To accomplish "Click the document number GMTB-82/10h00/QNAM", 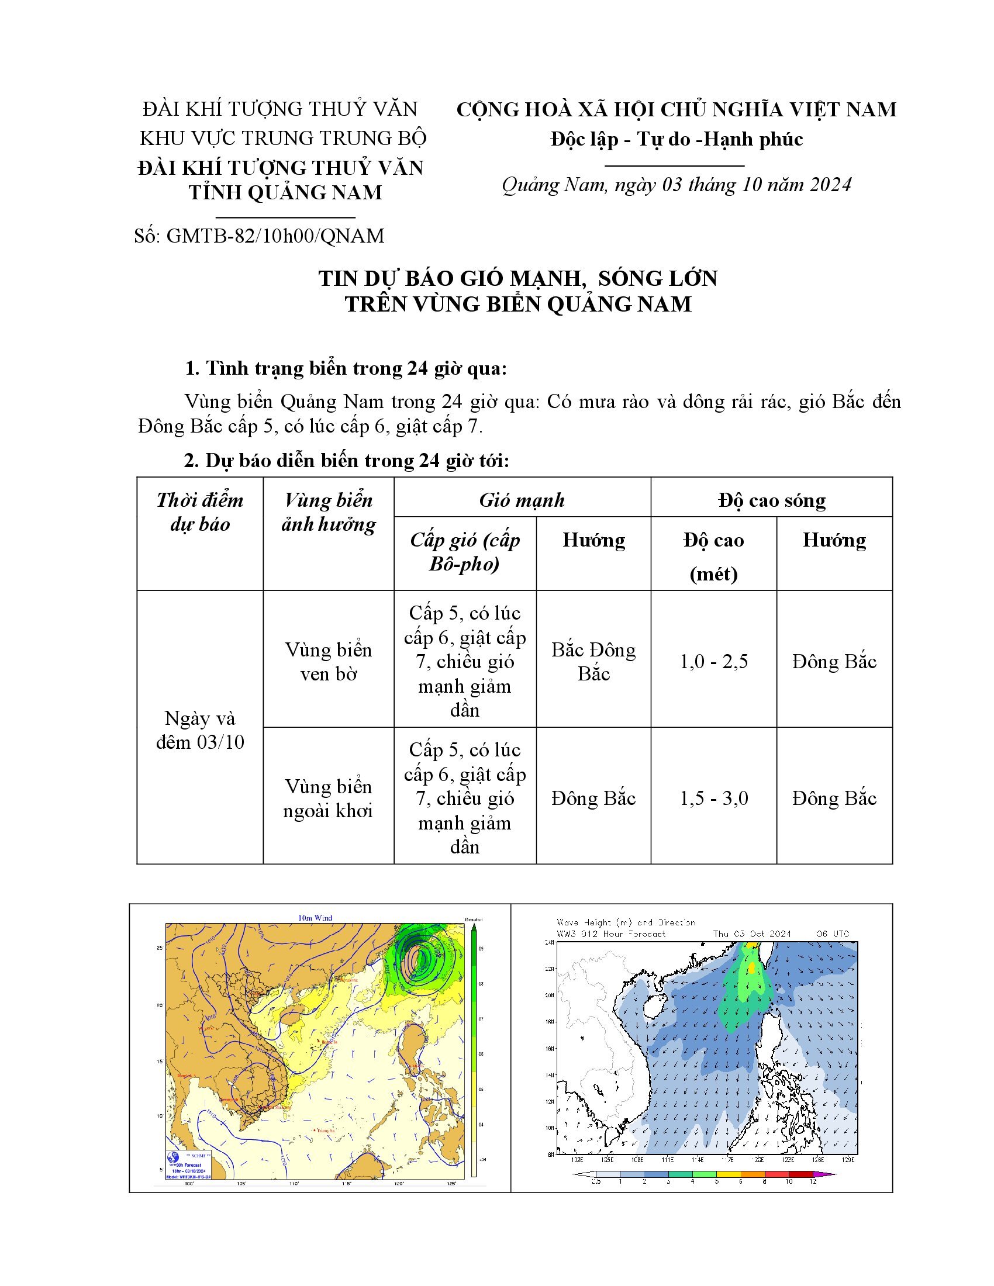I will click(x=275, y=236).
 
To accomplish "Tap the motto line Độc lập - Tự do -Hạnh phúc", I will click(x=677, y=139).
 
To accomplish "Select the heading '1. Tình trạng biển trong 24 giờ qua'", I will click(x=346, y=369).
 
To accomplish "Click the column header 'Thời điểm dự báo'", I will click(x=199, y=511).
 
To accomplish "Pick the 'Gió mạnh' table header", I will click(x=522, y=500).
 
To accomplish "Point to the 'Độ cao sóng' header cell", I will click(x=771, y=500).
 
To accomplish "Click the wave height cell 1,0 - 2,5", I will click(x=714, y=661).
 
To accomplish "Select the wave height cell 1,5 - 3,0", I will click(x=714, y=798).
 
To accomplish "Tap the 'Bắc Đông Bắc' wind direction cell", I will click(x=593, y=661).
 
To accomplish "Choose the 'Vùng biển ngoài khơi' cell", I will click(x=328, y=798).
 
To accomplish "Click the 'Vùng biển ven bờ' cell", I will click(x=328, y=661).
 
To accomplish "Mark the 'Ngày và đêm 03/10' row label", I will click(x=199, y=730).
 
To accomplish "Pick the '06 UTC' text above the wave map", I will click(x=833, y=934).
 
